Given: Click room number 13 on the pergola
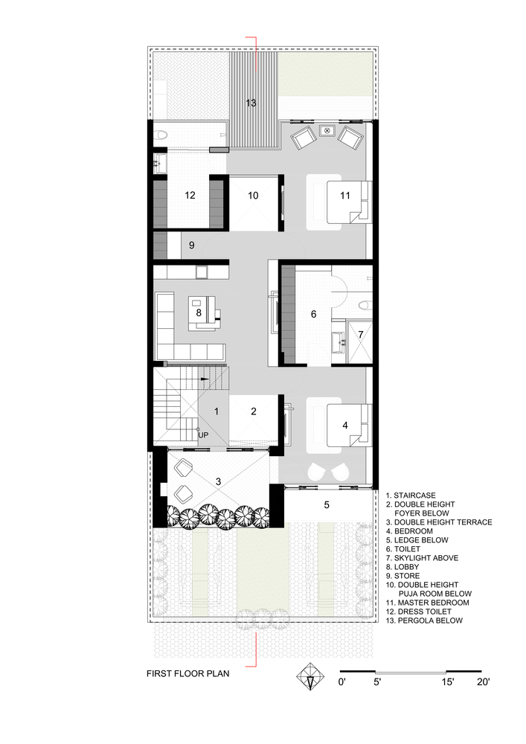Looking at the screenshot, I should point(251,103).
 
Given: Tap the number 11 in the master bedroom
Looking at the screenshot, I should point(344,196).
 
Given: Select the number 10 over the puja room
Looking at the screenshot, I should point(252,196).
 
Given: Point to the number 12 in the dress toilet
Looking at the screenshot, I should point(190,196).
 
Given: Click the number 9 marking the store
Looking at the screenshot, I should point(191,245).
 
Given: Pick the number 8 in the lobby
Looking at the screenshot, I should point(199,313).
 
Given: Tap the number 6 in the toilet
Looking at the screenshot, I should point(313,315).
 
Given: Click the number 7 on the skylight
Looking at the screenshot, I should point(360,334).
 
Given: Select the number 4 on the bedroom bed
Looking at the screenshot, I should point(344,426).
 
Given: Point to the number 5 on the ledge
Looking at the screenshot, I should point(326,504).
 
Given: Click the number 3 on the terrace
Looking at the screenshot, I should point(218,482).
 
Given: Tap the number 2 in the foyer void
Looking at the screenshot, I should point(253,411).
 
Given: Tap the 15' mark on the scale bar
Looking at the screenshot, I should point(446,681).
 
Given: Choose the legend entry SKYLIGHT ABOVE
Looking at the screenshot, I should point(426,557).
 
